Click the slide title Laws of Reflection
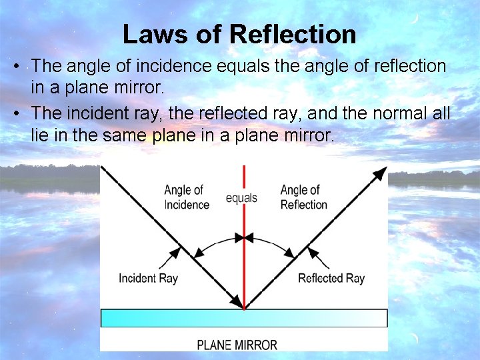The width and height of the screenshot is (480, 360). pos(239,34)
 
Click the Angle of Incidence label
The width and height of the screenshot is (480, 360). pos(186,197)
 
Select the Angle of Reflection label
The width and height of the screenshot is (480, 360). pos(303,197)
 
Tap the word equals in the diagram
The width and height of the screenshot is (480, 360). pos(241,198)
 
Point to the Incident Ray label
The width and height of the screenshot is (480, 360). pos(148,278)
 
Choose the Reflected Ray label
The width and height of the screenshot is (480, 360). pos(331,278)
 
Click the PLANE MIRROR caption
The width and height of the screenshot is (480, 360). pos(237,345)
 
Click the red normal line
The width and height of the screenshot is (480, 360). pos(245,267)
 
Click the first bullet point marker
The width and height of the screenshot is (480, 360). pos(20,67)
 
